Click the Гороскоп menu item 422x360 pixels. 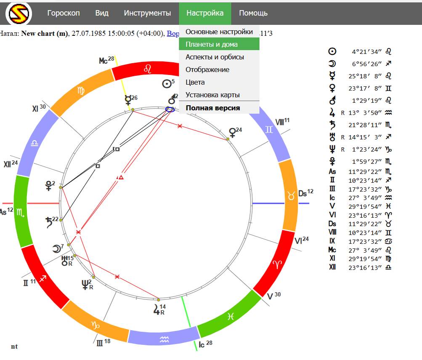point(63,13)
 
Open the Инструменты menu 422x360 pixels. point(147,13)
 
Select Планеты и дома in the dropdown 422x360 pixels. point(212,44)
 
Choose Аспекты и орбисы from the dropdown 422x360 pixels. point(215,57)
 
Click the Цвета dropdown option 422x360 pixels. point(195,82)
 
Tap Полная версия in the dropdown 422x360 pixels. point(213,108)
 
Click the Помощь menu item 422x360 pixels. point(253,13)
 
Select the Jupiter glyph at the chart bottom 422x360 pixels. point(157,311)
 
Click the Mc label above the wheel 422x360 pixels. point(104,61)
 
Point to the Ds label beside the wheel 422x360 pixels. point(303,194)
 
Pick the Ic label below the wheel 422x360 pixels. point(202,344)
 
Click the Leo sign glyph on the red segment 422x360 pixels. point(148,69)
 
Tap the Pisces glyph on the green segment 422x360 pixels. point(230,317)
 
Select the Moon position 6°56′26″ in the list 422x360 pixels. point(366,64)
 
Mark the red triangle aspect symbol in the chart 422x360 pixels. point(121,177)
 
